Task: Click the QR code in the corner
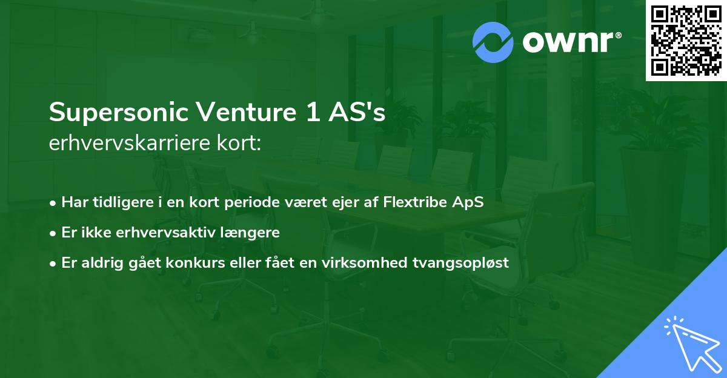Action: [x=686, y=41]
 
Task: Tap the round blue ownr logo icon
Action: [x=493, y=42]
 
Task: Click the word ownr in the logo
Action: [x=571, y=42]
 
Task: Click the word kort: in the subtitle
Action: [x=240, y=145]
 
